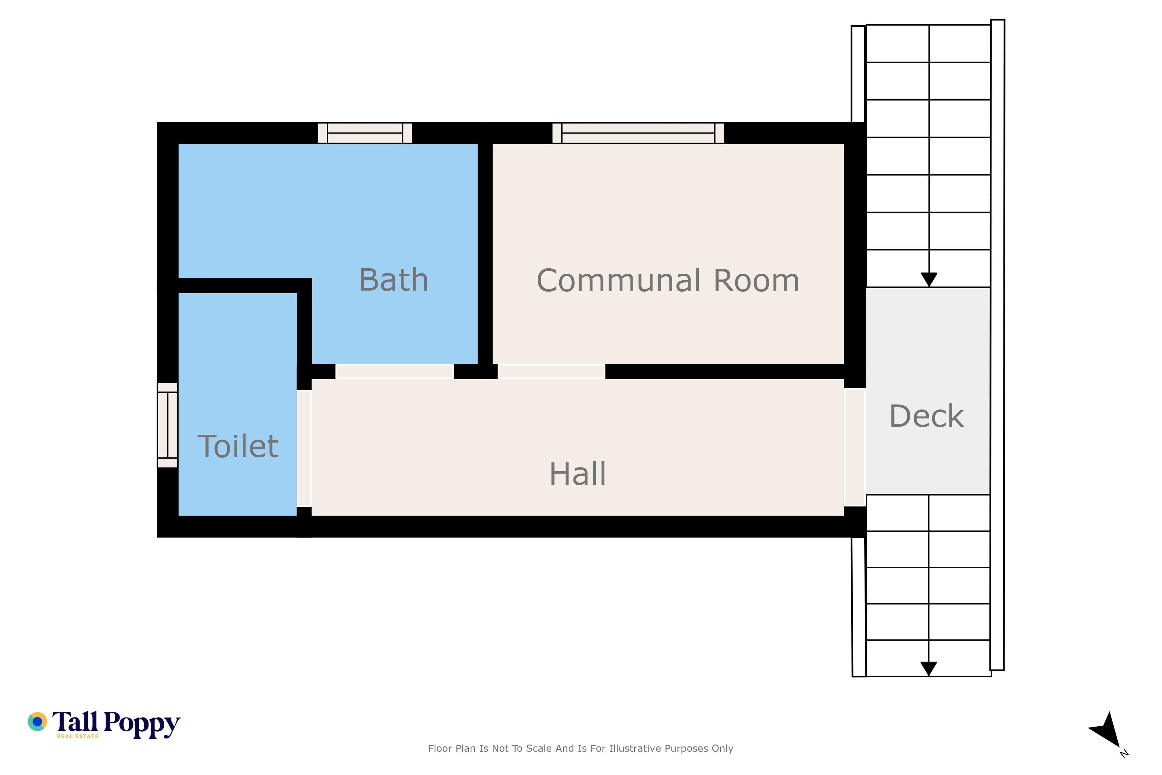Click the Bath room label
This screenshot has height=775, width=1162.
(x=394, y=280)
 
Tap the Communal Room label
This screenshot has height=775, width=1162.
(x=668, y=280)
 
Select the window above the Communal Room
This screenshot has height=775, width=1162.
(x=638, y=133)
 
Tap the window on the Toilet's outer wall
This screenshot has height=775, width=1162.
(x=167, y=425)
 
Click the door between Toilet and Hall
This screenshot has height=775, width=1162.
(x=304, y=448)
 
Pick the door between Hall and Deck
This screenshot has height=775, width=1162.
(x=855, y=447)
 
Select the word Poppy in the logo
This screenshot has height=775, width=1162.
(x=142, y=724)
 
